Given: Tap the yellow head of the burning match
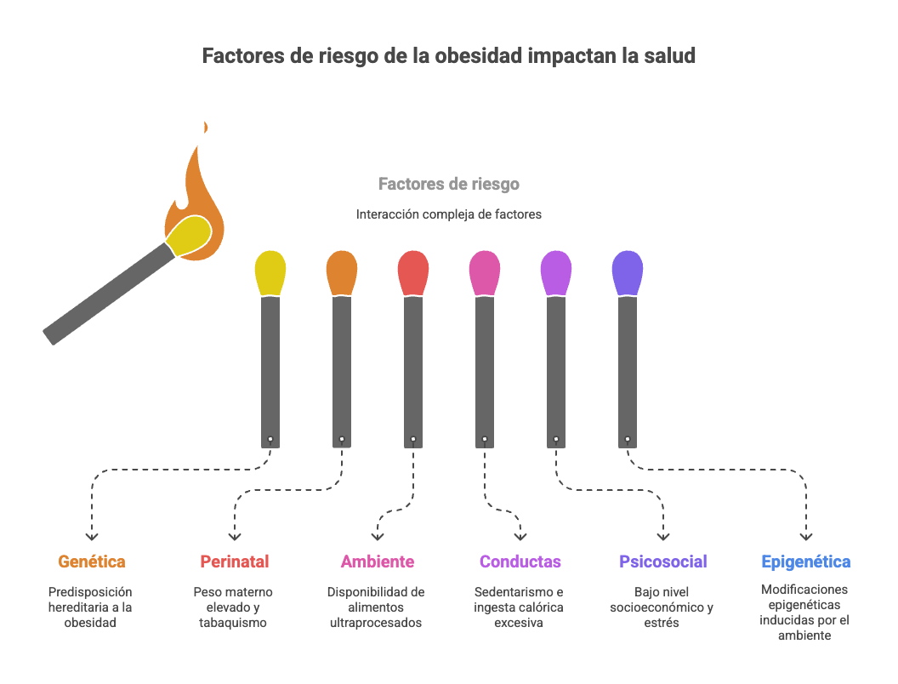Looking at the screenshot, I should click(189, 235).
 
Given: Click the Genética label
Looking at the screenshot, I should click(92, 561).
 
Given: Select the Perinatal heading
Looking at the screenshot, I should click(235, 561).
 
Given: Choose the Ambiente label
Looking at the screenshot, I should click(378, 561).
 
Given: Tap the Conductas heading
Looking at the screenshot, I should click(520, 561).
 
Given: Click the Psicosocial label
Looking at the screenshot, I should click(663, 561).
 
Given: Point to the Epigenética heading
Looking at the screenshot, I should click(805, 561).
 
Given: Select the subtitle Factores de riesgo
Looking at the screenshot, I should click(448, 184).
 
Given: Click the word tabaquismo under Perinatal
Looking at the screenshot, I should click(233, 623).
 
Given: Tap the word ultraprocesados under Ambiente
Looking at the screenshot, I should click(376, 623).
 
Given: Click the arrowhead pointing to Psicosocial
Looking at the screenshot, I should click(663, 537).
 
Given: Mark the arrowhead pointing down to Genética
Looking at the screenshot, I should click(92, 537).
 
